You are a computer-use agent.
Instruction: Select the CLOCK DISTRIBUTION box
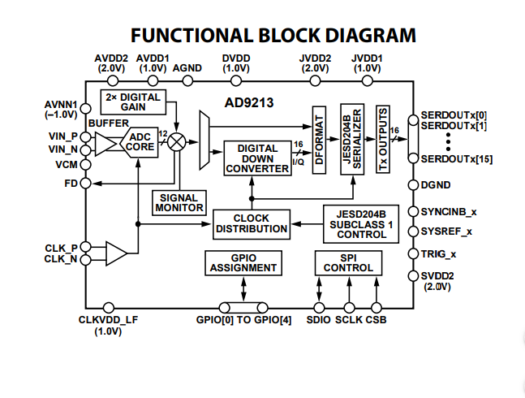(252, 223)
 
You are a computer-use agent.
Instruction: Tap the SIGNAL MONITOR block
(179, 202)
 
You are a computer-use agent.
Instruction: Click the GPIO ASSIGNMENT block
(243, 262)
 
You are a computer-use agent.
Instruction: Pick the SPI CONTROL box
(348, 262)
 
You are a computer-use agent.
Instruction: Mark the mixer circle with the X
(174, 141)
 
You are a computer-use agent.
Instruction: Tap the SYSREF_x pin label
(447, 231)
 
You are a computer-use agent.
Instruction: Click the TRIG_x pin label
(441, 254)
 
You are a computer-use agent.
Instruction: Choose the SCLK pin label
(349, 320)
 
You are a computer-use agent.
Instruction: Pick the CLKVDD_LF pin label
(108, 320)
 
